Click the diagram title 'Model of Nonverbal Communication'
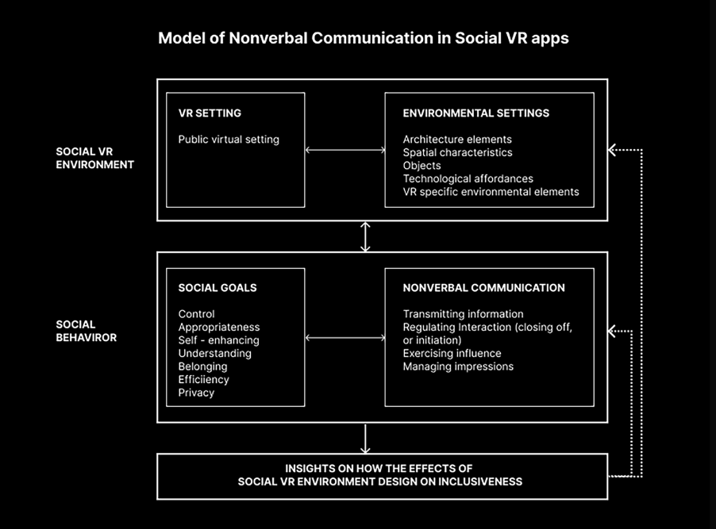(x=295, y=38)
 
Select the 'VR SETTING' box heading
(x=210, y=113)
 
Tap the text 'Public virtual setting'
(x=229, y=140)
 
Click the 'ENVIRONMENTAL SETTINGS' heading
(x=475, y=113)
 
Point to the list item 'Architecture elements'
(x=457, y=140)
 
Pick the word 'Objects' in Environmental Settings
(x=422, y=166)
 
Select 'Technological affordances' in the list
(x=468, y=178)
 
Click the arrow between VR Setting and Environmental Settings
(x=345, y=150)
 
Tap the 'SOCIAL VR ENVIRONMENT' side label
(x=95, y=158)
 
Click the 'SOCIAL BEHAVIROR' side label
(x=87, y=331)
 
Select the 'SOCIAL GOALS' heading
(x=217, y=288)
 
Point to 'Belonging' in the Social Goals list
(x=202, y=366)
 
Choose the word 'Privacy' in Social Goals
(x=196, y=393)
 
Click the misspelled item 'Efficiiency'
(x=204, y=379)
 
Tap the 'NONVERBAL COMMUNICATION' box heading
(x=483, y=288)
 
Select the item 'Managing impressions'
(x=458, y=366)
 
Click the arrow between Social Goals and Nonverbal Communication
(x=345, y=338)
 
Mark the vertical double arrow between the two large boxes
(x=365, y=237)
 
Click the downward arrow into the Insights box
(x=365, y=439)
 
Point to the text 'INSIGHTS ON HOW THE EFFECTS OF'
(x=379, y=468)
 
